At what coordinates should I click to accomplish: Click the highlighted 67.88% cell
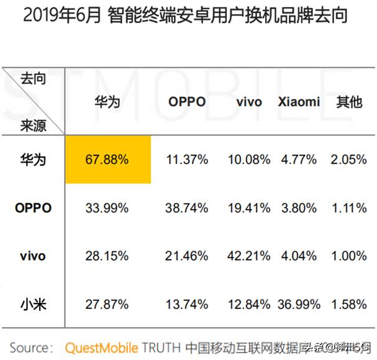pos(107,159)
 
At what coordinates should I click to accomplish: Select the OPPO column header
pos(187,102)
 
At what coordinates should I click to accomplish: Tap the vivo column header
pos(249,102)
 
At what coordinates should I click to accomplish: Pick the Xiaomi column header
pos(299,102)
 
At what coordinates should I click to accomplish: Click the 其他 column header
pos(348,102)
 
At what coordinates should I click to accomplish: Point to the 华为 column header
pos(107,102)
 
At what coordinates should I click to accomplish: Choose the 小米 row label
pos(33,304)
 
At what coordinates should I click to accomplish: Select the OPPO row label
pos(33,208)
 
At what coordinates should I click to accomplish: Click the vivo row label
pos(33,256)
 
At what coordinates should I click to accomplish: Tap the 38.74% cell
pos(187,208)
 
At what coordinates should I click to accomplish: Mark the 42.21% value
pos(249,256)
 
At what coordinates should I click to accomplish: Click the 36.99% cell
pos(299,304)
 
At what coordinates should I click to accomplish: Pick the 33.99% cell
pos(107,208)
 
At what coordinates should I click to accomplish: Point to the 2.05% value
pos(348,159)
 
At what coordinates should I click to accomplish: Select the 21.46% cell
pos(187,256)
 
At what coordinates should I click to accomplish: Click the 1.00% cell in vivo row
pos(348,256)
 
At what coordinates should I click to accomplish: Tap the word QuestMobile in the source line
pos(101,346)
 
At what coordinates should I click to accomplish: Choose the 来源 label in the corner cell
pos(33,125)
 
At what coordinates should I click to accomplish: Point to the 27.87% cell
pos(107,304)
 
